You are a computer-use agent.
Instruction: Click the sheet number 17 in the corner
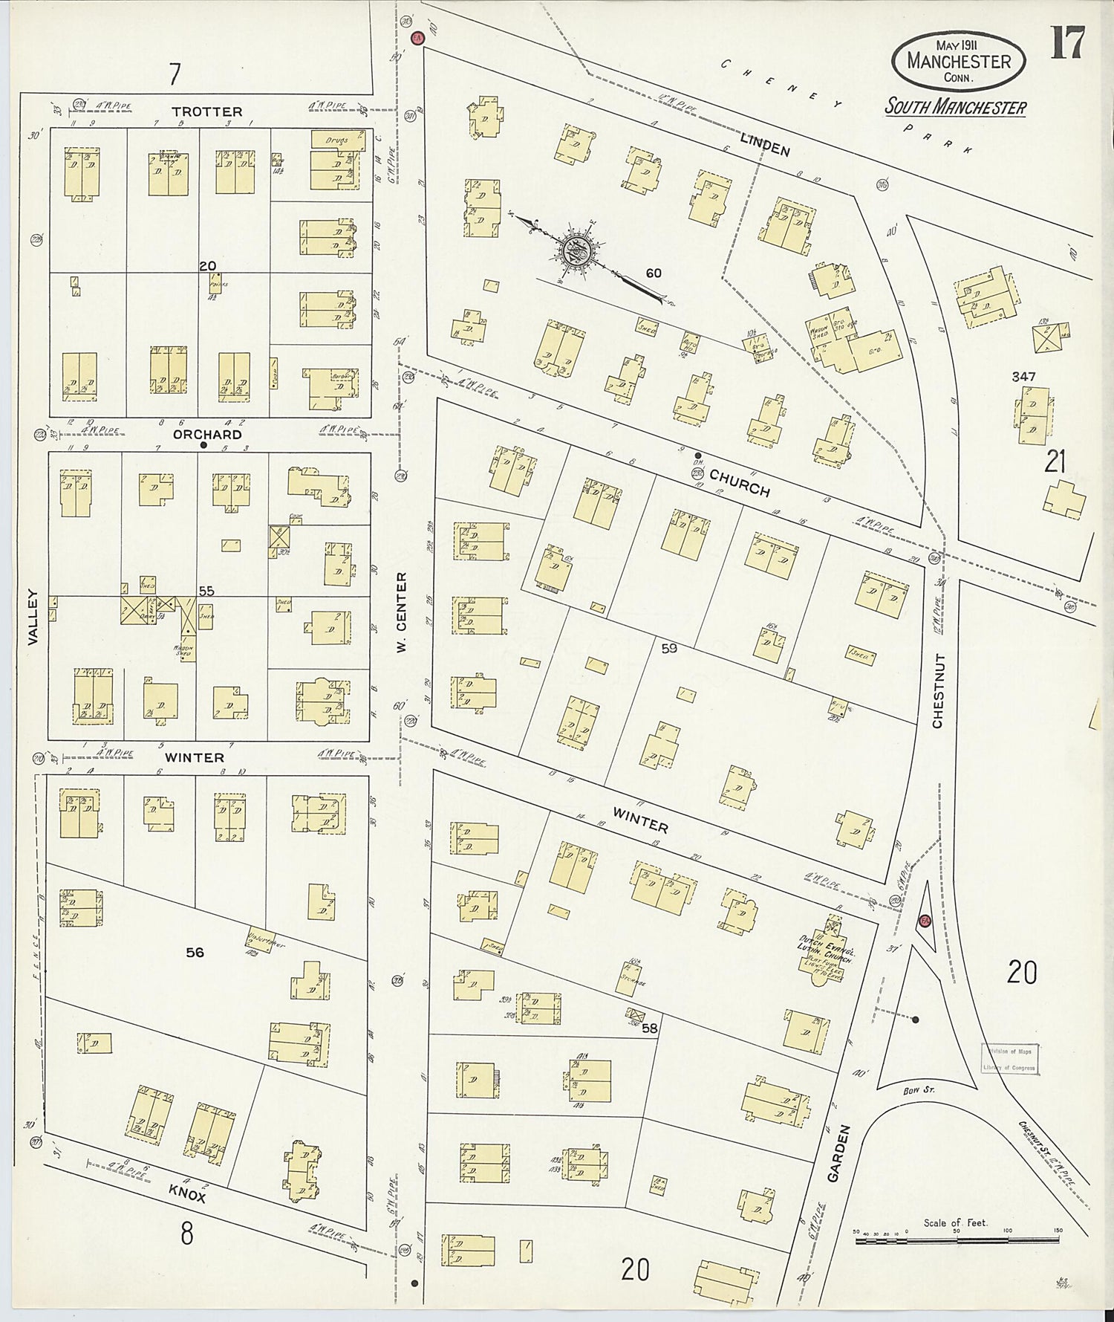[x=1067, y=42]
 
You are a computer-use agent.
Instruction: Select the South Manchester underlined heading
[x=955, y=107]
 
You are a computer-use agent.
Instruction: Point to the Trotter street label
[x=206, y=111]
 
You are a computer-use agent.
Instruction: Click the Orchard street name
[x=207, y=434]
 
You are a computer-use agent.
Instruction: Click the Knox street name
[x=186, y=1193]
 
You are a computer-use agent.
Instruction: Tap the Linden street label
[x=764, y=145]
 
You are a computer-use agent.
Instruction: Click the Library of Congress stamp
[x=1009, y=1059]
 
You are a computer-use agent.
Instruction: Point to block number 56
[x=195, y=952]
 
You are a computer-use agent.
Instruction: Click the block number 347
[x=1023, y=377]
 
